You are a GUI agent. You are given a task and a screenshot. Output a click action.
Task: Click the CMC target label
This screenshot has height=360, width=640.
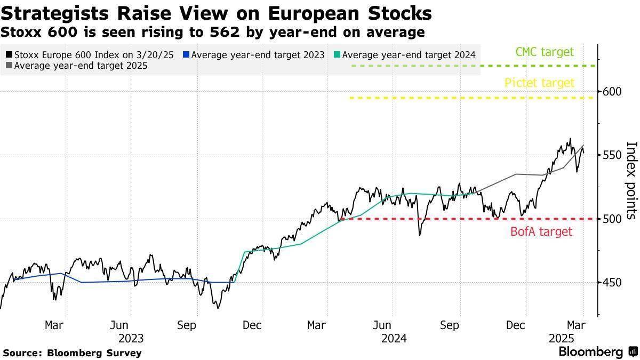545,52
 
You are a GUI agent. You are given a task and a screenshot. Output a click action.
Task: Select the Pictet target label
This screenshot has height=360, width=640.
539,83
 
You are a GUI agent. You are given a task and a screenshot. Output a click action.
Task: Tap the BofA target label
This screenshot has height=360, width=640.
541,231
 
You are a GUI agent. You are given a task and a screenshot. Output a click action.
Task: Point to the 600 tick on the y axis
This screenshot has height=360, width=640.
613,92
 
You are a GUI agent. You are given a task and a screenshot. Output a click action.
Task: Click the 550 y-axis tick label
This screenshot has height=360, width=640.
613,155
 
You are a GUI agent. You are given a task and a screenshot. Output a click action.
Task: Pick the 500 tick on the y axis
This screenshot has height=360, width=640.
613,219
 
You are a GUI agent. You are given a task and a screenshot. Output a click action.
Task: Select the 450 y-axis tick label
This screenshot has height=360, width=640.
613,282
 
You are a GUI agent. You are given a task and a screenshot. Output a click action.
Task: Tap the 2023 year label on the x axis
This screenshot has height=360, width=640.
131,338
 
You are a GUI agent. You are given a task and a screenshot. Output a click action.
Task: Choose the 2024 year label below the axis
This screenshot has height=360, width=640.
394,338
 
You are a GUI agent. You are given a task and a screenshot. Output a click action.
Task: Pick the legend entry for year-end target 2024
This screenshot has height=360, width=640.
404,55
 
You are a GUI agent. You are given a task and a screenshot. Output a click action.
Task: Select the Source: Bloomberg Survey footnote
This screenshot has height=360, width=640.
73,353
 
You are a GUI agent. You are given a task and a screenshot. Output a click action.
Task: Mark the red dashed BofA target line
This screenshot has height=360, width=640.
453,219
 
